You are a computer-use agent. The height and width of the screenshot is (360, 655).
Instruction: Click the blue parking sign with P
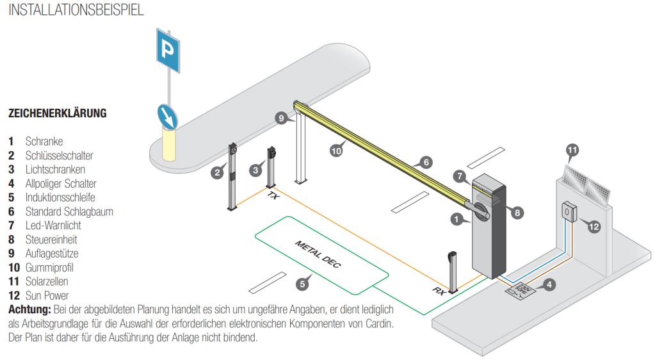pyautogui.click(x=168, y=49)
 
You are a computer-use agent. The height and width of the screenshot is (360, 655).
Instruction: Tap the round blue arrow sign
pyautogui.click(x=168, y=115)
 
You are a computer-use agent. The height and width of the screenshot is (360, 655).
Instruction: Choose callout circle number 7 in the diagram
pyautogui.click(x=458, y=175)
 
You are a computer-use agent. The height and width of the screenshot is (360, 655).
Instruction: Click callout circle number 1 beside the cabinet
pyautogui.click(x=457, y=219)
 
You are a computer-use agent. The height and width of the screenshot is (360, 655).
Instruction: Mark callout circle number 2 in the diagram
pyautogui.click(x=218, y=172)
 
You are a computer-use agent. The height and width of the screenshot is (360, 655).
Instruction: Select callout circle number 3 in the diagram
pyautogui.click(x=255, y=170)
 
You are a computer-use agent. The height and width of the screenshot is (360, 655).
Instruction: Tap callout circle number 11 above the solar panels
pyautogui.click(x=573, y=151)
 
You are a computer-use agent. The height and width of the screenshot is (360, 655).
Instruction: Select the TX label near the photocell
pyautogui.click(x=273, y=197)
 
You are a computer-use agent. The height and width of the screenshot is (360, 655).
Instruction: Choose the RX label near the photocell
pyautogui.click(x=439, y=291)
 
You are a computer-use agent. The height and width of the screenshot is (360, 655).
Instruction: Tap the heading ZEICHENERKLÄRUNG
pyautogui.click(x=57, y=113)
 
